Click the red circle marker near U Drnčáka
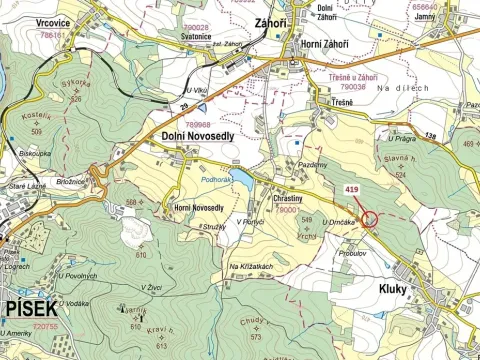click(x=370, y=219)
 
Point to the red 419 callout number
click(x=351, y=187)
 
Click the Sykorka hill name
click(x=75, y=87)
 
